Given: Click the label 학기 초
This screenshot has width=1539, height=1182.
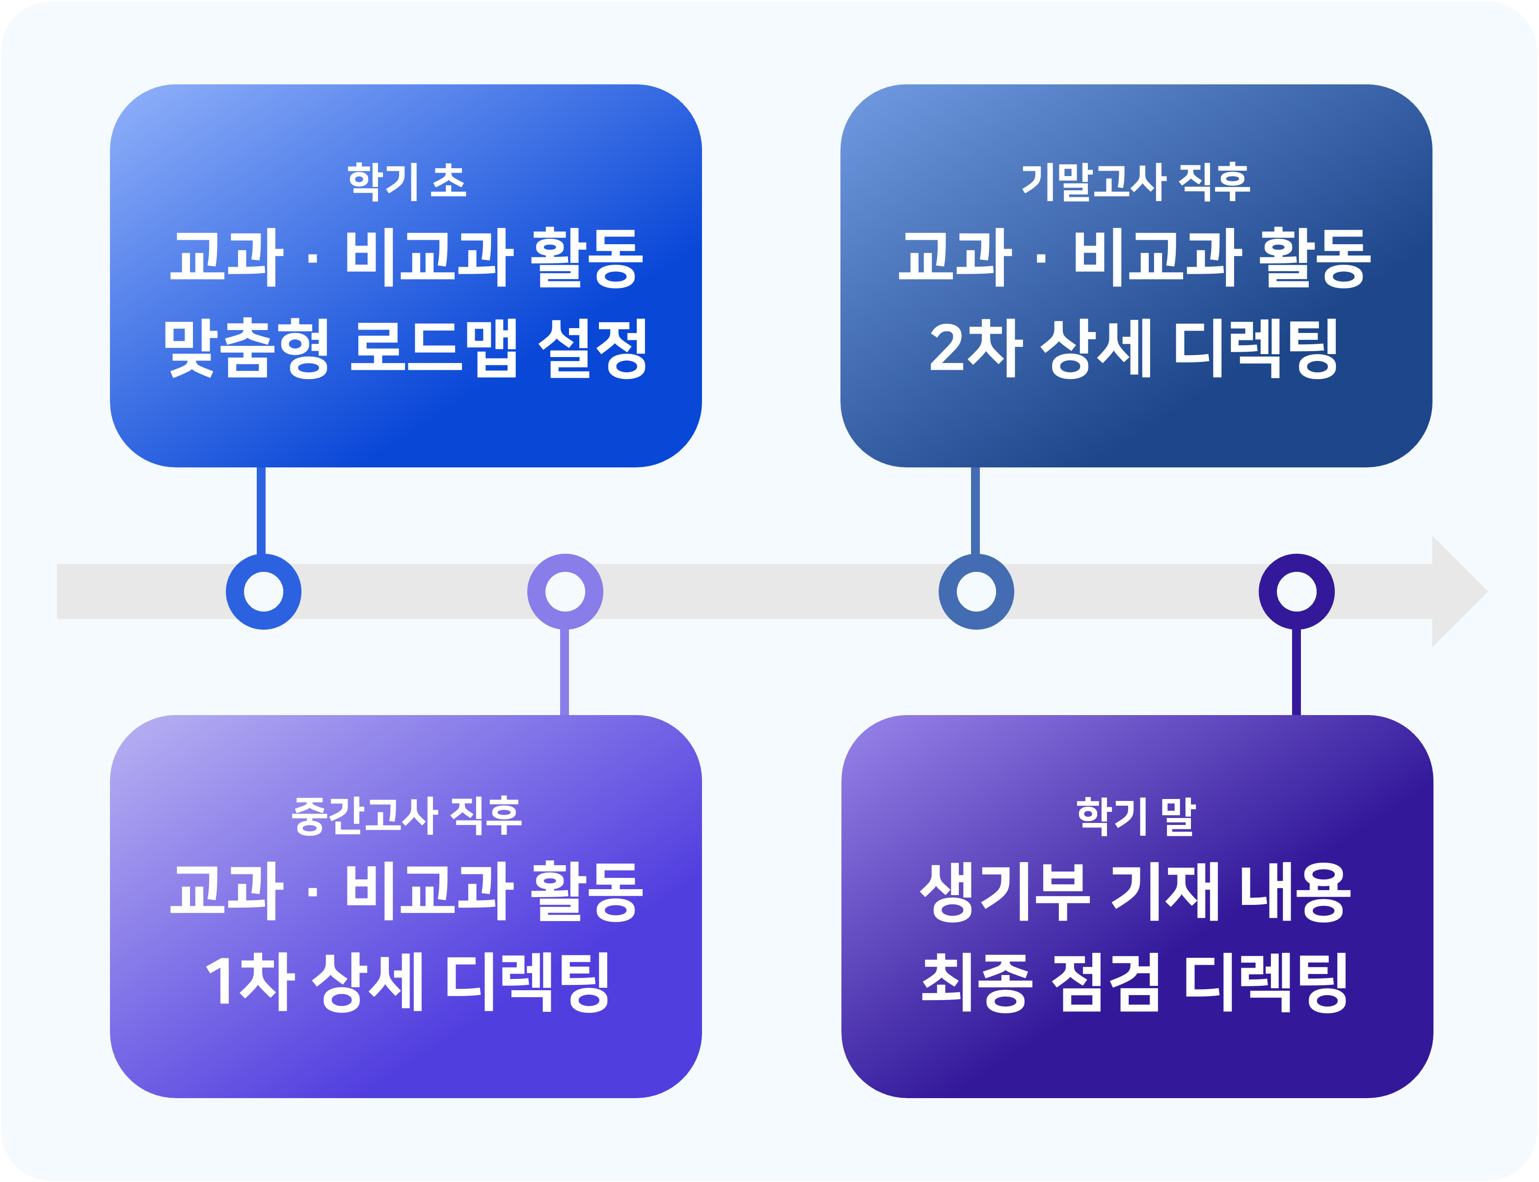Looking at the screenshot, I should pos(406,181).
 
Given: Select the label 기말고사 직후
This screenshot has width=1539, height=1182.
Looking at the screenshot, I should pos(1135,181).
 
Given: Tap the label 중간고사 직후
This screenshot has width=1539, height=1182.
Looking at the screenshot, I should pos(406,816).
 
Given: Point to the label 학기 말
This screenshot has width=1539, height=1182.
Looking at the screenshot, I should pos(1135,816).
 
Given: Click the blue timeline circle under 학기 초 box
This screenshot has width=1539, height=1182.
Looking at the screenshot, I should pos(263,591).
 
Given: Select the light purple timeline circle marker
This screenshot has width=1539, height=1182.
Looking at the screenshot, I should pos(565,591).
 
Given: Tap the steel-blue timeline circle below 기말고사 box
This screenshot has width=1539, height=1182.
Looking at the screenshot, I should pos(976,591).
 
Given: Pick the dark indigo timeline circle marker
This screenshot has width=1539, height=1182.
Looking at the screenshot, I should pos(1296,591).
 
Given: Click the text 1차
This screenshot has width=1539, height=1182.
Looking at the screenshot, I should pos(248,982).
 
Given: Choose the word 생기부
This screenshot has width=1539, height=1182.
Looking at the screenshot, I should pos(1004,892).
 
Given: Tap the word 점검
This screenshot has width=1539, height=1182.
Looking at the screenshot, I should pos(1105,982).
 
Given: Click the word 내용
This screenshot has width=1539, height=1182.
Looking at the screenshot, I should pos(1294,892).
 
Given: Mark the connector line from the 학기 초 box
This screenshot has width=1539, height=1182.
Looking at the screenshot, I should pos(261,510).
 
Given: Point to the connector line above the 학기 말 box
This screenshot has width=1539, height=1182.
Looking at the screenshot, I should pos(1296,672).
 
